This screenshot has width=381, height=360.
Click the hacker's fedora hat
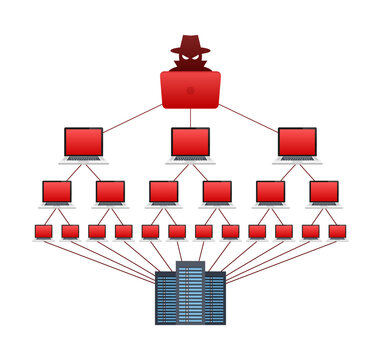point(190,45)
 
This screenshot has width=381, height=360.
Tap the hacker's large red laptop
point(190,89)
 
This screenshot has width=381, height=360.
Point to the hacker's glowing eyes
point(190,60)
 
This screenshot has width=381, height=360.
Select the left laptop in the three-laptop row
point(83,143)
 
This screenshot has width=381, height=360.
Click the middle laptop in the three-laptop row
point(190,143)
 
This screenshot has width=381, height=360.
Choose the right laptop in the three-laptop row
point(297,143)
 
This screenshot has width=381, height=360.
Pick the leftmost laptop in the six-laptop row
point(57,193)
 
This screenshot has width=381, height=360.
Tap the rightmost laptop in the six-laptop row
point(324,193)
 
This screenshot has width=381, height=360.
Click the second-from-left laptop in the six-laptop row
point(110,193)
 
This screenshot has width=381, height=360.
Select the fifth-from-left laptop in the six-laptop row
point(270,193)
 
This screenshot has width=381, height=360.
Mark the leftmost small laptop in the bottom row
point(43,233)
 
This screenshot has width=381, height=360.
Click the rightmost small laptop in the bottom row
point(337,233)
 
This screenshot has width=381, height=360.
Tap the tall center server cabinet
point(190,293)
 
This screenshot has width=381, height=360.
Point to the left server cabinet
point(166,299)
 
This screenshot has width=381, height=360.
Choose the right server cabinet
point(214,299)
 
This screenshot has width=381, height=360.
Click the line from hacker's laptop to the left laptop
point(130,116)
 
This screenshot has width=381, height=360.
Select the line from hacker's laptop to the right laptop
point(250,116)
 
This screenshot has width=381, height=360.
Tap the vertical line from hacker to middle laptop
point(190,118)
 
